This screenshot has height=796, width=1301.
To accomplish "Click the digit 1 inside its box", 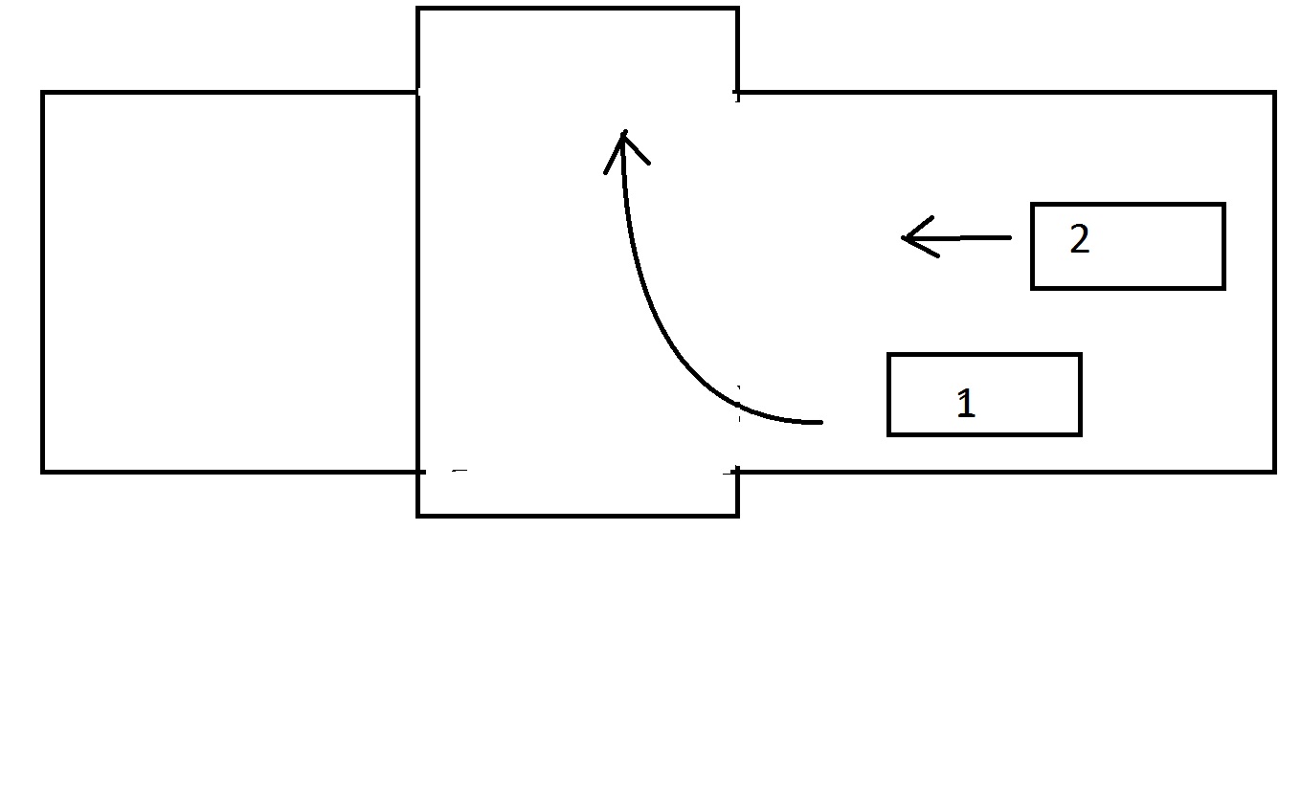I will tap(966, 404).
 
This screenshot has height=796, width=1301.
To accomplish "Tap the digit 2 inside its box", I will tap(1079, 240).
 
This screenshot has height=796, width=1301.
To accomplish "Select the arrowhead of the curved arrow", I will tap(623, 136).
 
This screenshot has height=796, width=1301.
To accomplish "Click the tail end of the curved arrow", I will tap(820, 421).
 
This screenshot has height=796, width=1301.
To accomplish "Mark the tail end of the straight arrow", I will tap(1009, 236).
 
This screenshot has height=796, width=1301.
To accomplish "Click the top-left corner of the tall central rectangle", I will tap(418, 10).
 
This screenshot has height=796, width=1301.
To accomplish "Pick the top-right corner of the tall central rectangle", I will tap(737, 10).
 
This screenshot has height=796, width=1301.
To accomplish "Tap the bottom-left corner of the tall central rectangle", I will tap(418, 515).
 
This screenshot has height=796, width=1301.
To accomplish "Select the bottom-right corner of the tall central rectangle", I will tap(737, 515).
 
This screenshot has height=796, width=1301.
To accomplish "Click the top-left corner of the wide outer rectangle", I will tap(43, 94).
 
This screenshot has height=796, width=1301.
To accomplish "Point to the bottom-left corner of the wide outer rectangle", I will tap(43, 471).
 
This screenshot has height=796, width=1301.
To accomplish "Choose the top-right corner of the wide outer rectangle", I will tap(1274, 94).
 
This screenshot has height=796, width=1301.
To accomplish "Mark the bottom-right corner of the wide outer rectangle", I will tap(1274, 471).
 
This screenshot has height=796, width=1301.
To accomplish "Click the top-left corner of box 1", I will tap(889, 355).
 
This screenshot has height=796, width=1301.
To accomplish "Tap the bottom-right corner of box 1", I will tap(1080, 434).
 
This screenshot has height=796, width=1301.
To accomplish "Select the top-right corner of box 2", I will tap(1223, 205).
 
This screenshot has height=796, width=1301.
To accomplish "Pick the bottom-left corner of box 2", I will tap(1032, 287).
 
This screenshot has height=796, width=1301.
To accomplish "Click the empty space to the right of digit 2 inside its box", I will tap(1158, 246).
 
